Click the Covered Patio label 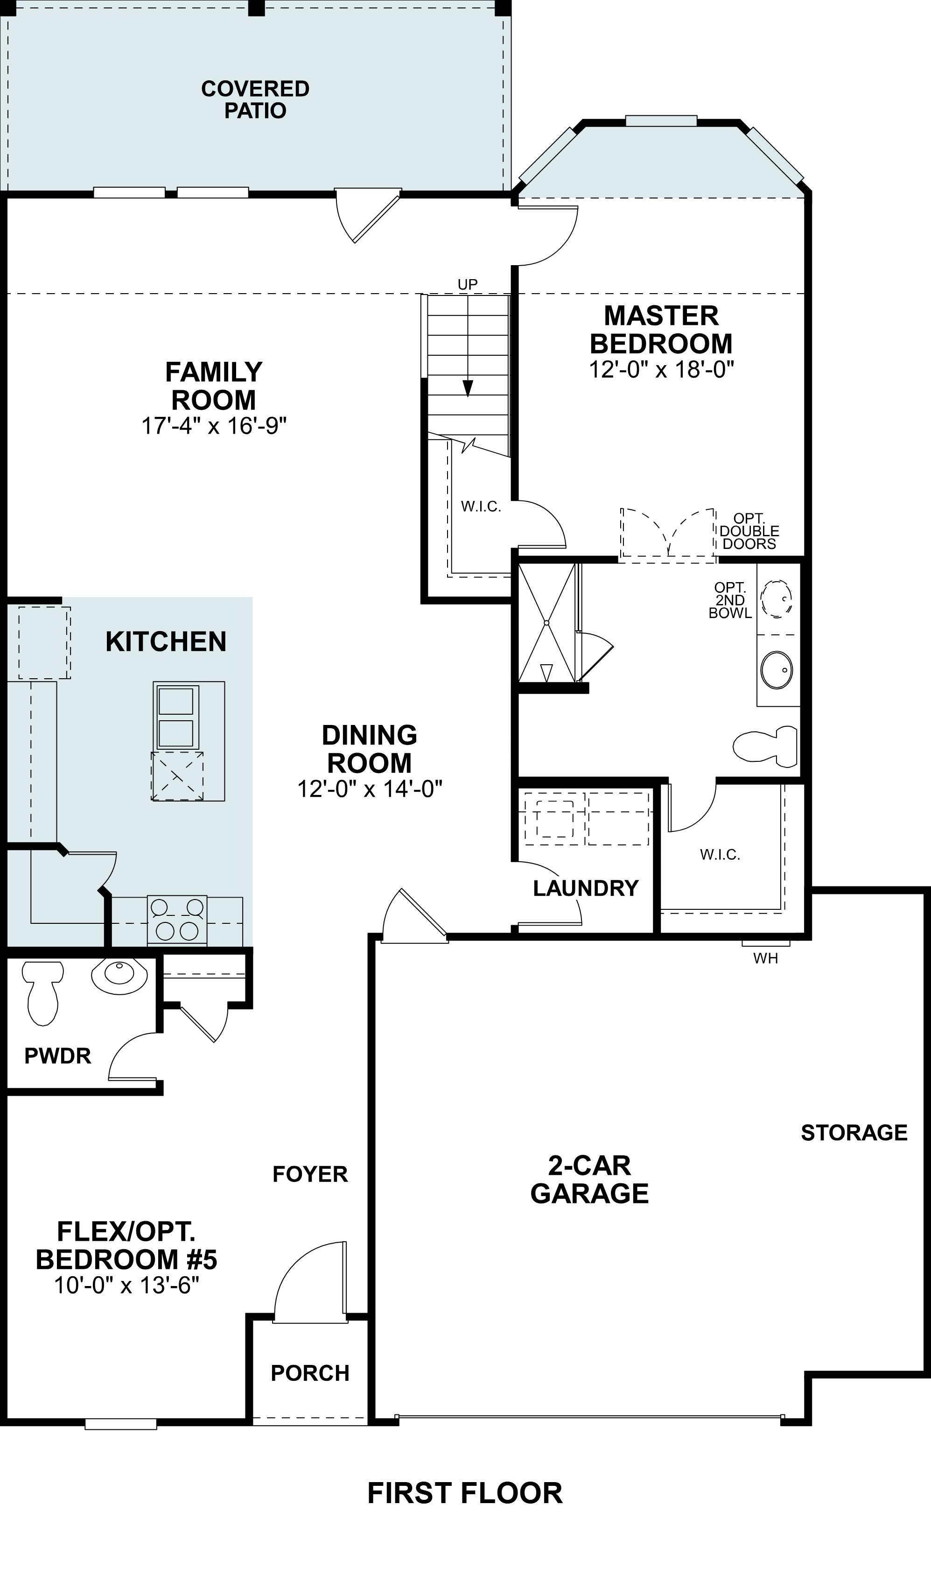click(x=255, y=99)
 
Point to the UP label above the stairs click(x=468, y=284)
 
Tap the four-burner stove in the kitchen click(x=177, y=920)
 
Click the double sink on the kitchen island click(x=176, y=717)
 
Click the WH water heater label click(x=765, y=958)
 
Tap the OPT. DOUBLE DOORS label click(x=749, y=531)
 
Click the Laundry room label click(x=586, y=888)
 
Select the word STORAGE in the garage click(x=854, y=1132)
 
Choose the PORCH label click(x=310, y=1373)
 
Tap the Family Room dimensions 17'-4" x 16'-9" click(x=214, y=426)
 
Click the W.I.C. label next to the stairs click(x=481, y=506)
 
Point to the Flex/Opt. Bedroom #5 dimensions click(x=126, y=1285)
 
